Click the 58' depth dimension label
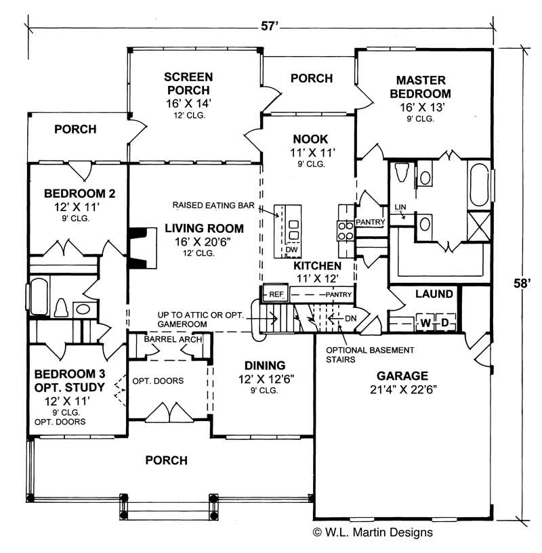click(x=522, y=284)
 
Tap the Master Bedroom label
click(x=424, y=87)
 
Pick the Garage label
click(x=402, y=376)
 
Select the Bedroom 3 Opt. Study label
click(x=70, y=380)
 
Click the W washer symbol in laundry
click(x=425, y=322)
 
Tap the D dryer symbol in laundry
click(x=445, y=322)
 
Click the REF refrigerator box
click(x=276, y=294)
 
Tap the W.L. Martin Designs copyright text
click(x=372, y=533)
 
